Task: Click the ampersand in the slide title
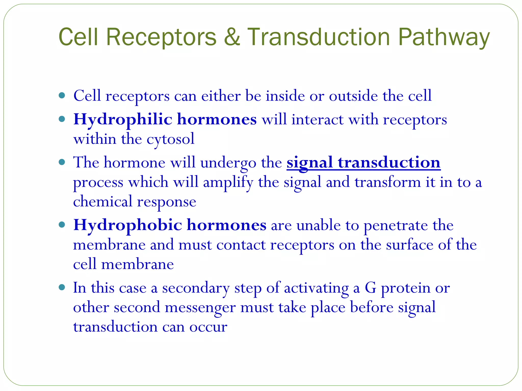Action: (x=232, y=37)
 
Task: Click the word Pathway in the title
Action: (x=443, y=38)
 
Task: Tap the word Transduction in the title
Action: (x=318, y=37)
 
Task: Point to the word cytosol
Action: (x=171, y=139)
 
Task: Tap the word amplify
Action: (x=228, y=183)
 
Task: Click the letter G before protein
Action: (x=370, y=288)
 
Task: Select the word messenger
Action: (x=200, y=308)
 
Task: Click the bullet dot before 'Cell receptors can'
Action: (x=62, y=96)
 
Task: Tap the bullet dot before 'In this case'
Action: (x=62, y=288)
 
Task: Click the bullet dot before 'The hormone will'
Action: (x=62, y=162)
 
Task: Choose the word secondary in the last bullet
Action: (x=196, y=288)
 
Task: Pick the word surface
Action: (x=409, y=245)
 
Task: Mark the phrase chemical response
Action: (x=135, y=202)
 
